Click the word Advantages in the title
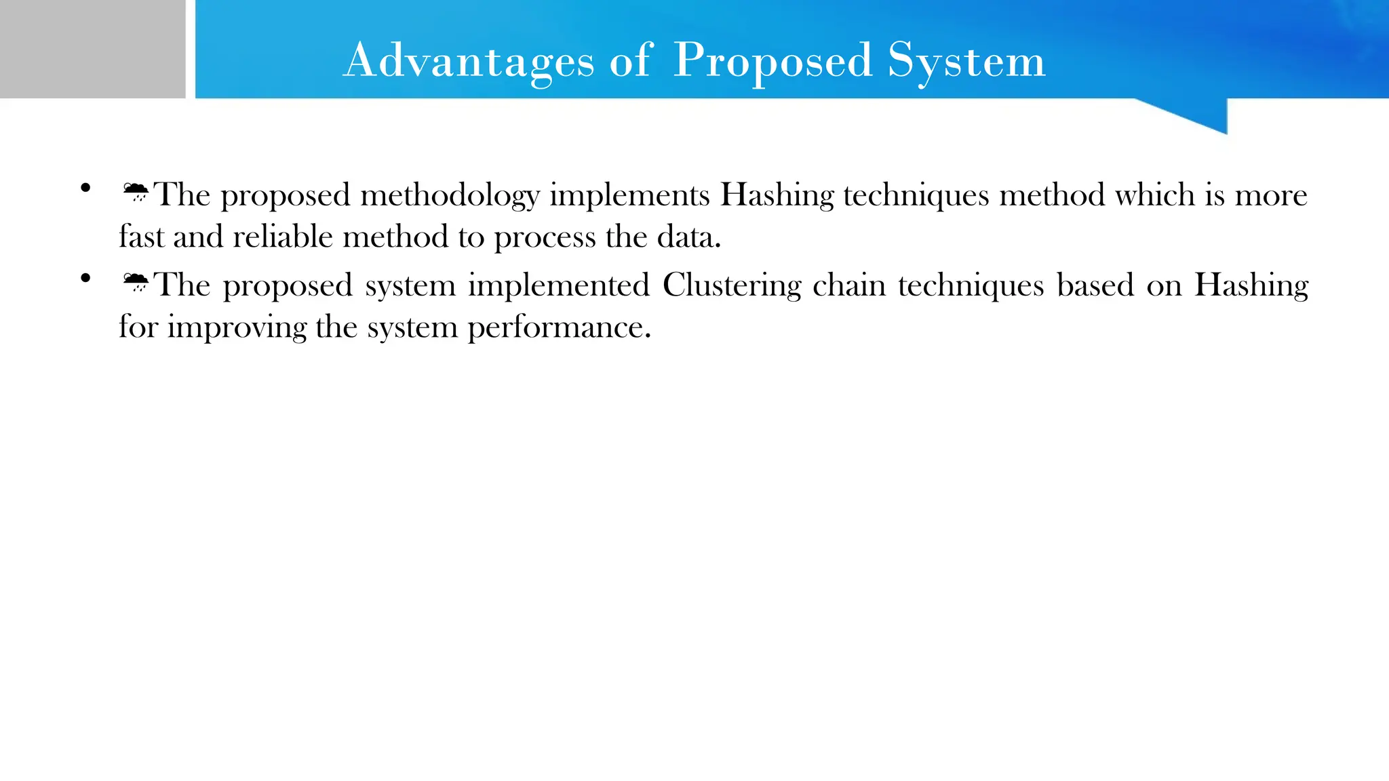(468, 61)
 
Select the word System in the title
(966, 61)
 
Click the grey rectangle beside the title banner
(92, 49)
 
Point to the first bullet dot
(85, 188)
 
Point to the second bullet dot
(85, 278)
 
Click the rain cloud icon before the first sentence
(136, 193)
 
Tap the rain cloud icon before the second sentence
(136, 282)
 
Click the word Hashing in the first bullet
(777, 196)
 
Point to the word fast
(141, 237)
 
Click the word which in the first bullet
(1154, 195)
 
